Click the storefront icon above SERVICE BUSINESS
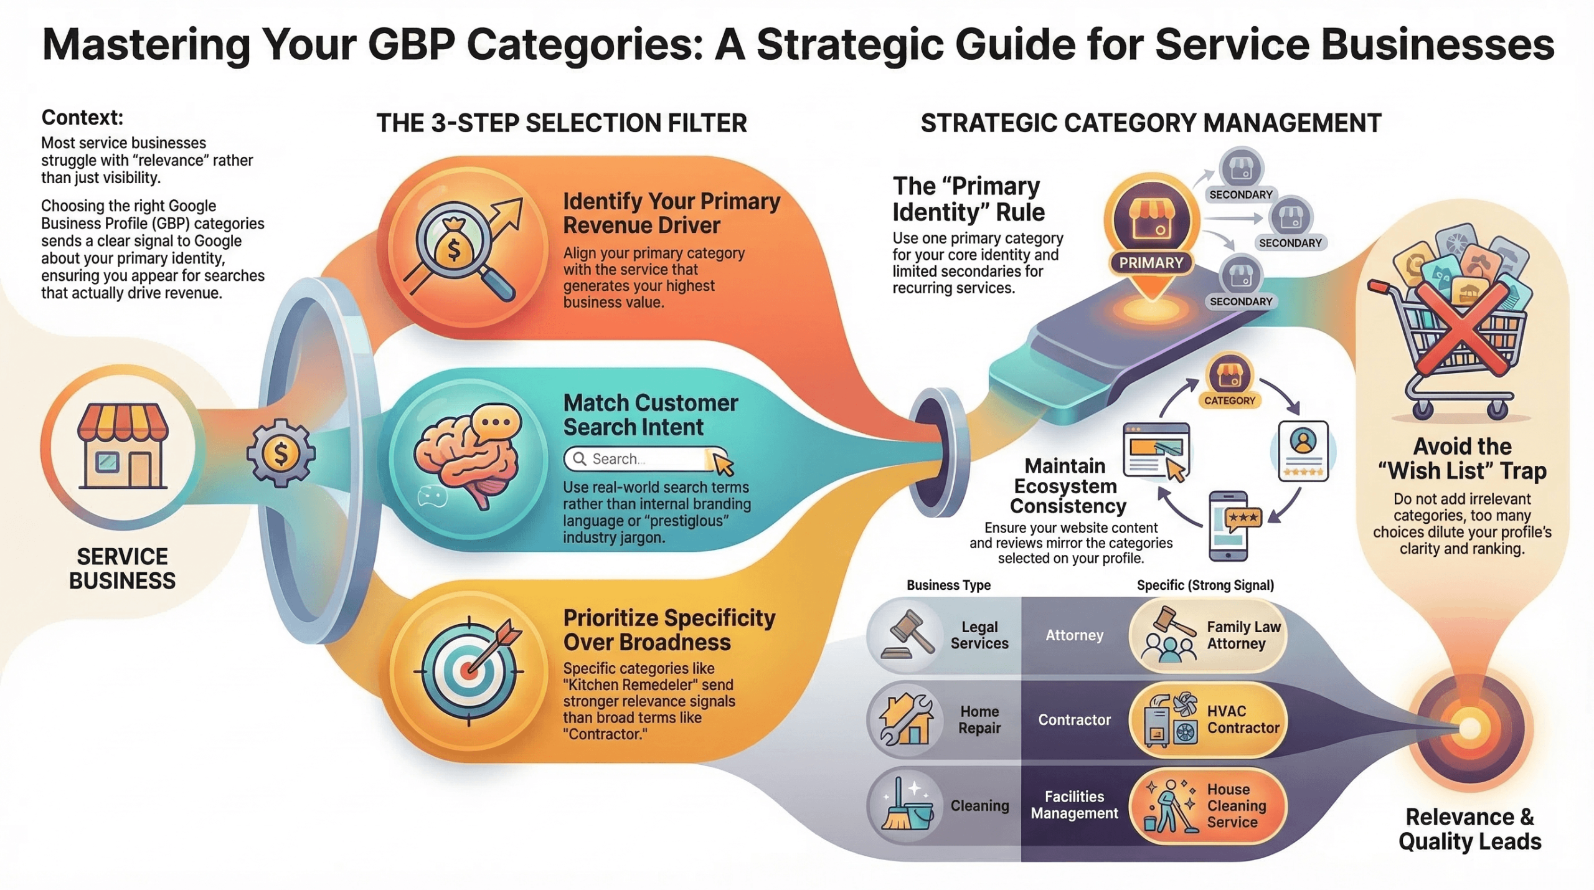tap(123, 445)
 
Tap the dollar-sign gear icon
tap(281, 453)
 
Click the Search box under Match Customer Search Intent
tap(645, 459)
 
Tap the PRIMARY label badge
tap(1151, 263)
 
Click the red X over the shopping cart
tap(1461, 326)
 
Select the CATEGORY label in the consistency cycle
tap(1229, 400)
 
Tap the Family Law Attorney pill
tap(1208, 635)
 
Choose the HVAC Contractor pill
tap(1208, 719)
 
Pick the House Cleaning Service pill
tap(1208, 805)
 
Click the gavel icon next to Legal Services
tap(907, 635)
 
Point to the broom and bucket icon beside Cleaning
tap(907, 805)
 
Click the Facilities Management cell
tap(1074, 805)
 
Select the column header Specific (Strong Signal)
tap(1205, 585)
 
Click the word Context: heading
tap(82, 117)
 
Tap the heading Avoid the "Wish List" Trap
tap(1463, 458)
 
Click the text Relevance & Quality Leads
tap(1470, 828)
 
